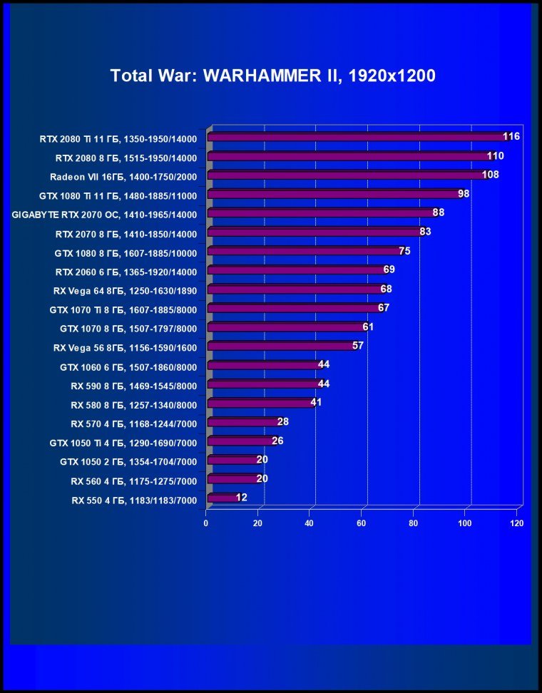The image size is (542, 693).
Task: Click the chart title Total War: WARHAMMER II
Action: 272,76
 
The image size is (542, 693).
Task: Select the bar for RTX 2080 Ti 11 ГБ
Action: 357,137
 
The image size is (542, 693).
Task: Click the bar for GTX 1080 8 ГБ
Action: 303,251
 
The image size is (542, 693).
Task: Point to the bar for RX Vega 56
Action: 280,346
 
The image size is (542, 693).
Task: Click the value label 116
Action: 511,136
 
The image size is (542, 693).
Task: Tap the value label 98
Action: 464,193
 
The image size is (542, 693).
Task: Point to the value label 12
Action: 241,497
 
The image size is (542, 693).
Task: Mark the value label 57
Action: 358,345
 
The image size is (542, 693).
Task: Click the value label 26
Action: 277,441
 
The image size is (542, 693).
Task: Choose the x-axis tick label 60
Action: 362,523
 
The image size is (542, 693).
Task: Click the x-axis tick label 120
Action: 517,523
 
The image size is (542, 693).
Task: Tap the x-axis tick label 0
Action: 206,523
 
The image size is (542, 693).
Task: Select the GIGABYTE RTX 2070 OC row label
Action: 104,214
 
